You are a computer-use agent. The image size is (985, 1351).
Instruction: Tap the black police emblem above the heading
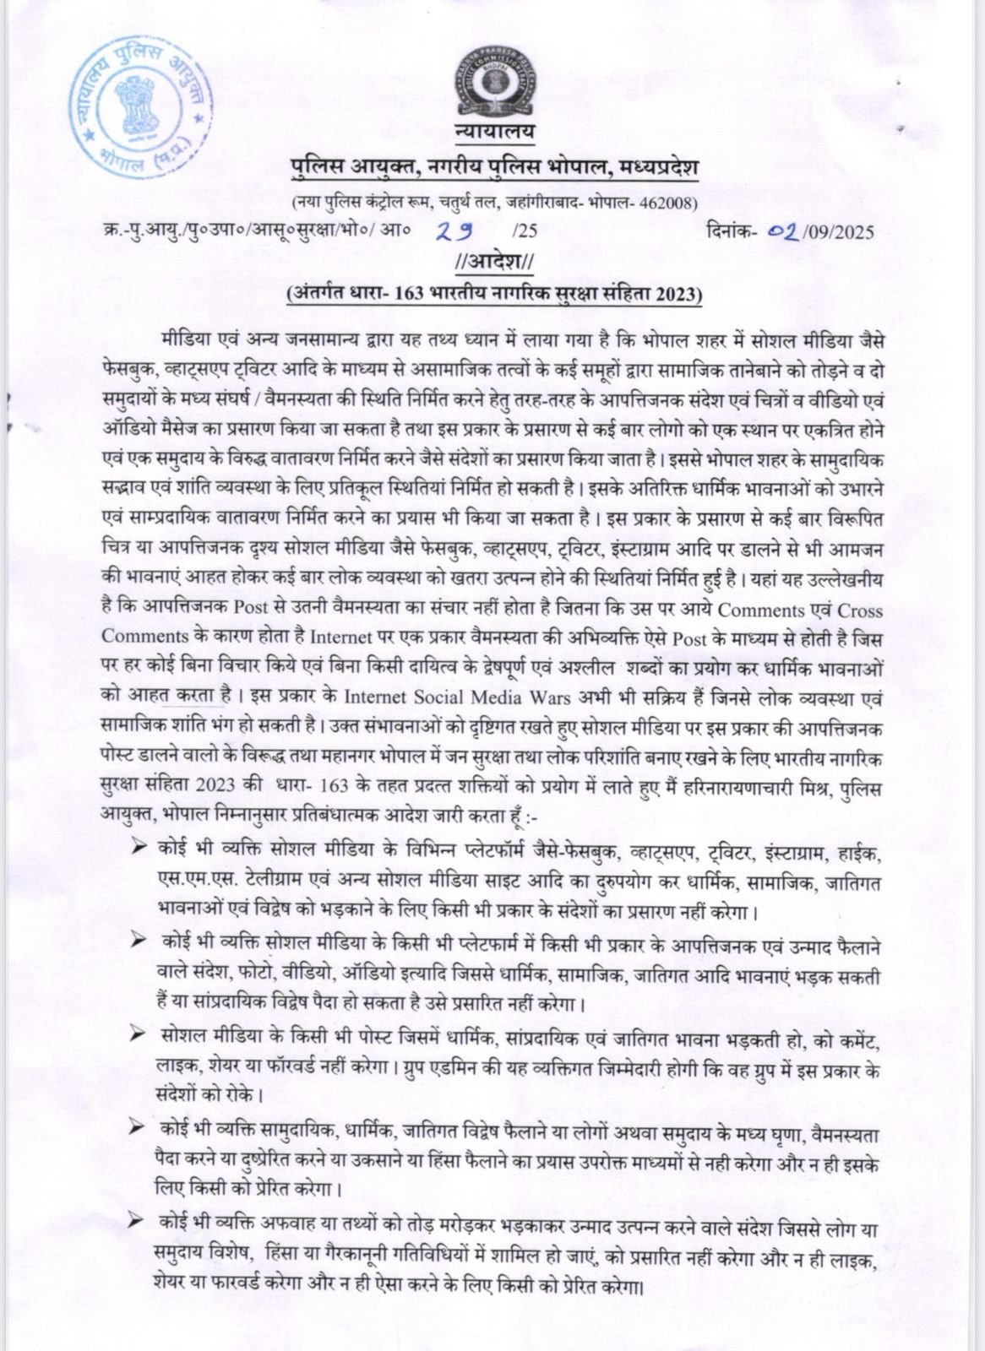pos(494,89)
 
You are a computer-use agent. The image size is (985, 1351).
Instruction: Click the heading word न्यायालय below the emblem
pos(494,133)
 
